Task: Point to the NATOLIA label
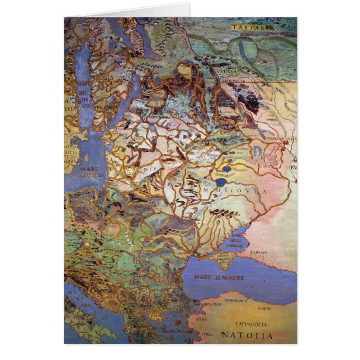(247, 336)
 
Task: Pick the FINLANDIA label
(106, 106)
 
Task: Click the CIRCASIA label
(260, 253)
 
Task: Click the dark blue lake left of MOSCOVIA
(221, 182)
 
